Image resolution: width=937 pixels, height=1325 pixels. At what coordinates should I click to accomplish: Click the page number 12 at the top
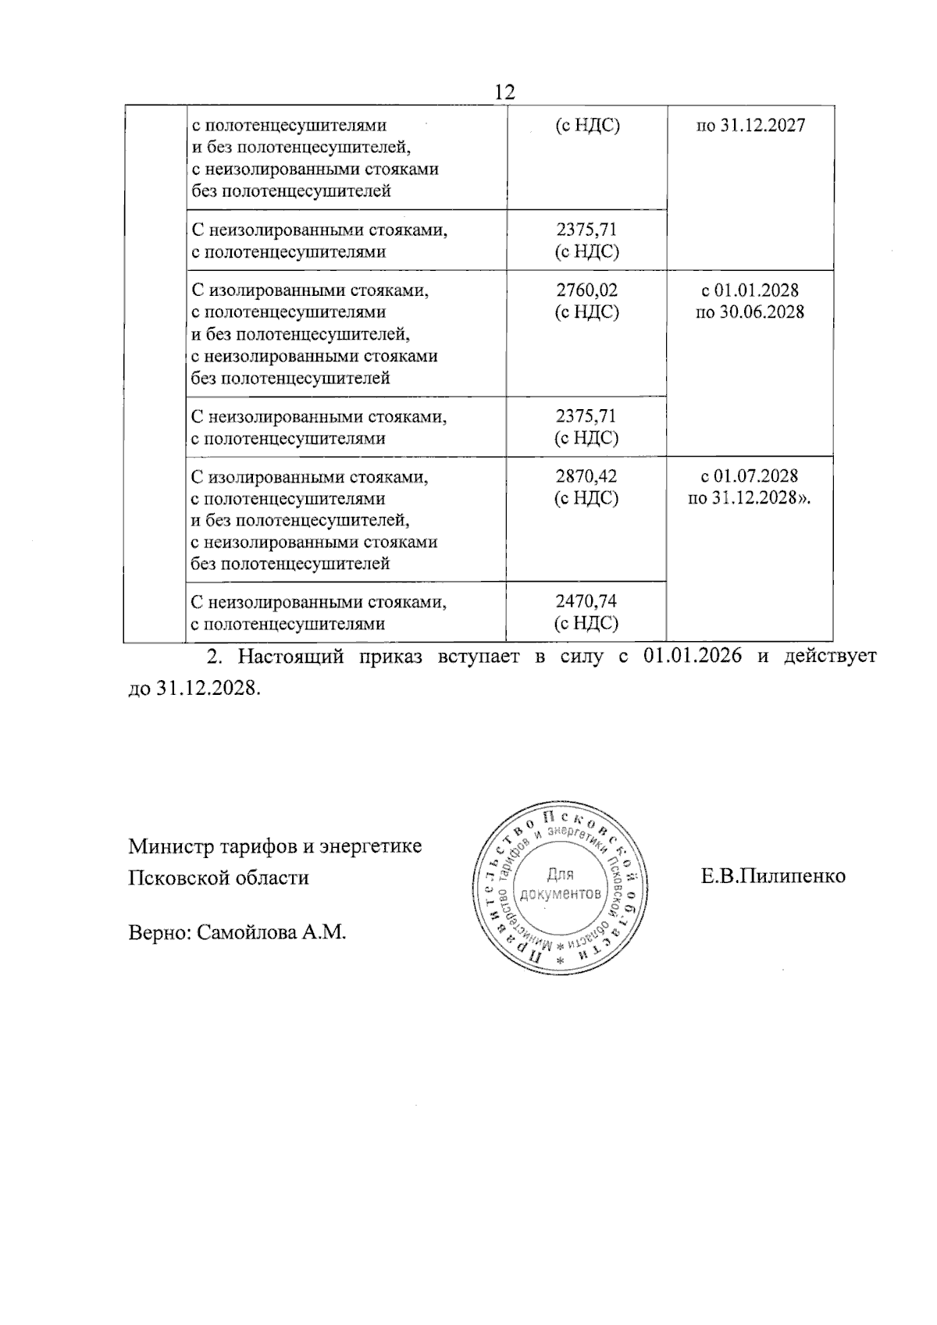(x=505, y=92)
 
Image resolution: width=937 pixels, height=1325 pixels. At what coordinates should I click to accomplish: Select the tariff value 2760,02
(x=586, y=290)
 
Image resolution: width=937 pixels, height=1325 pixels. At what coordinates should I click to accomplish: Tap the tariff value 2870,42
(x=586, y=476)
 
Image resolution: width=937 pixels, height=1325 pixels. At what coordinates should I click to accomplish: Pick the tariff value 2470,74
(x=586, y=602)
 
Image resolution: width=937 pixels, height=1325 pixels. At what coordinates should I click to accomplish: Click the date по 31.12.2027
(x=750, y=126)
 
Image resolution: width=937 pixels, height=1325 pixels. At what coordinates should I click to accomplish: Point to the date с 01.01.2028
(x=750, y=290)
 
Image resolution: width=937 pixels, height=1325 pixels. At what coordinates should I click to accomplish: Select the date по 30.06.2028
(x=750, y=312)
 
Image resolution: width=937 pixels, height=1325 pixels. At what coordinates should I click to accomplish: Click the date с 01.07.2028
(x=750, y=476)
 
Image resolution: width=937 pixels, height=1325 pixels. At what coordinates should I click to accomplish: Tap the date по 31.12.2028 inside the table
(x=750, y=498)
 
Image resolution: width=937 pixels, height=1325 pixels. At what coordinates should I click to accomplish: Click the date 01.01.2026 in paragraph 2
(x=692, y=657)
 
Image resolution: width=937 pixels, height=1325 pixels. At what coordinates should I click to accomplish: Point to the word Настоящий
(x=291, y=657)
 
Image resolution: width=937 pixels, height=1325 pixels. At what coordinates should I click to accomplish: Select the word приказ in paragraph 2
(x=390, y=657)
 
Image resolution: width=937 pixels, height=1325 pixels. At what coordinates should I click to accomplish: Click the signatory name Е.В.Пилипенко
(x=773, y=876)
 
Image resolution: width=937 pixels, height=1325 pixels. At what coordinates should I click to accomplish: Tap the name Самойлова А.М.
(x=271, y=932)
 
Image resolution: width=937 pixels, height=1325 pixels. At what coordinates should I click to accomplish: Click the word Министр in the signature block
(x=166, y=846)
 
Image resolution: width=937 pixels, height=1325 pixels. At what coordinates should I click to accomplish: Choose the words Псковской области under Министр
(x=219, y=878)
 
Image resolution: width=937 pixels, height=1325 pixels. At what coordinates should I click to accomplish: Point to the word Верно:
(x=159, y=932)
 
